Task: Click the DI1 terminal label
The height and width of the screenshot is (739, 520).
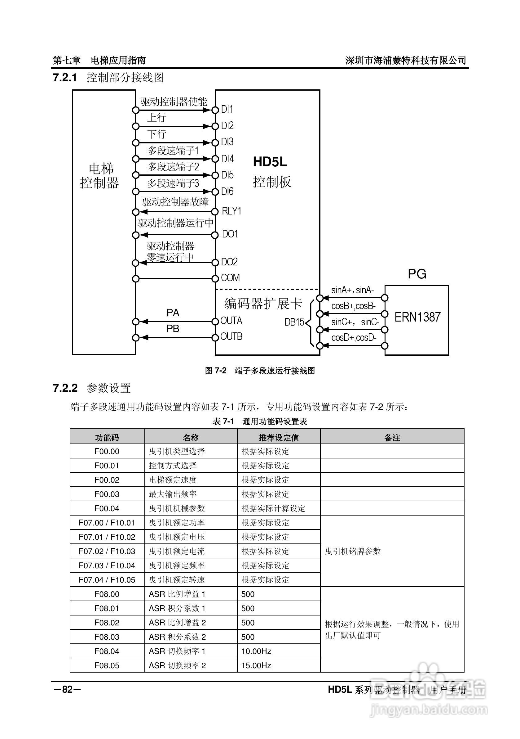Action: click(227, 110)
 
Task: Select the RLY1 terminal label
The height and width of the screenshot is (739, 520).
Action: click(231, 211)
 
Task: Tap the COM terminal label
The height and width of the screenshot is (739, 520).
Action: click(230, 278)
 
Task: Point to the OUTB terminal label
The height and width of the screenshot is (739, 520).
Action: click(231, 337)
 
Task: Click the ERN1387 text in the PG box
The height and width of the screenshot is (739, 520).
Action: click(417, 318)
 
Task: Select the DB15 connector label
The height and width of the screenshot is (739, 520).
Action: click(294, 322)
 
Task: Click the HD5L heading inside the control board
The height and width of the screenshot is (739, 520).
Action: click(270, 162)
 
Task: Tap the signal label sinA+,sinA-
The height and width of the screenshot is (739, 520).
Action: click(352, 290)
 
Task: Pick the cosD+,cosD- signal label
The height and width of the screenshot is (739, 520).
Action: click(354, 338)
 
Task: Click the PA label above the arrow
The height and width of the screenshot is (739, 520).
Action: click(173, 313)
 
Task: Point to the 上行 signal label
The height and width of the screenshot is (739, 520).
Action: click(156, 118)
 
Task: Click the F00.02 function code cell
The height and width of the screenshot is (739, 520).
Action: click(107, 480)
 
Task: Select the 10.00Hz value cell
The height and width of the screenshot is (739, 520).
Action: click(256, 651)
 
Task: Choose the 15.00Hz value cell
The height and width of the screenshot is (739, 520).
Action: click(256, 665)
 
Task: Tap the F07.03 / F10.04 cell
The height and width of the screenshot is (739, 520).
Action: click(107, 566)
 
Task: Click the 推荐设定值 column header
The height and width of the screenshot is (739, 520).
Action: click(278, 437)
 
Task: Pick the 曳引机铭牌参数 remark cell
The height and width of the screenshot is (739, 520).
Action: click(353, 551)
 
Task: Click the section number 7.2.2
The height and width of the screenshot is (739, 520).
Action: click(65, 388)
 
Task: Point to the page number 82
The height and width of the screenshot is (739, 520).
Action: click(67, 689)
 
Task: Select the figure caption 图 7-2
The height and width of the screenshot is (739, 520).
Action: click(216, 371)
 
